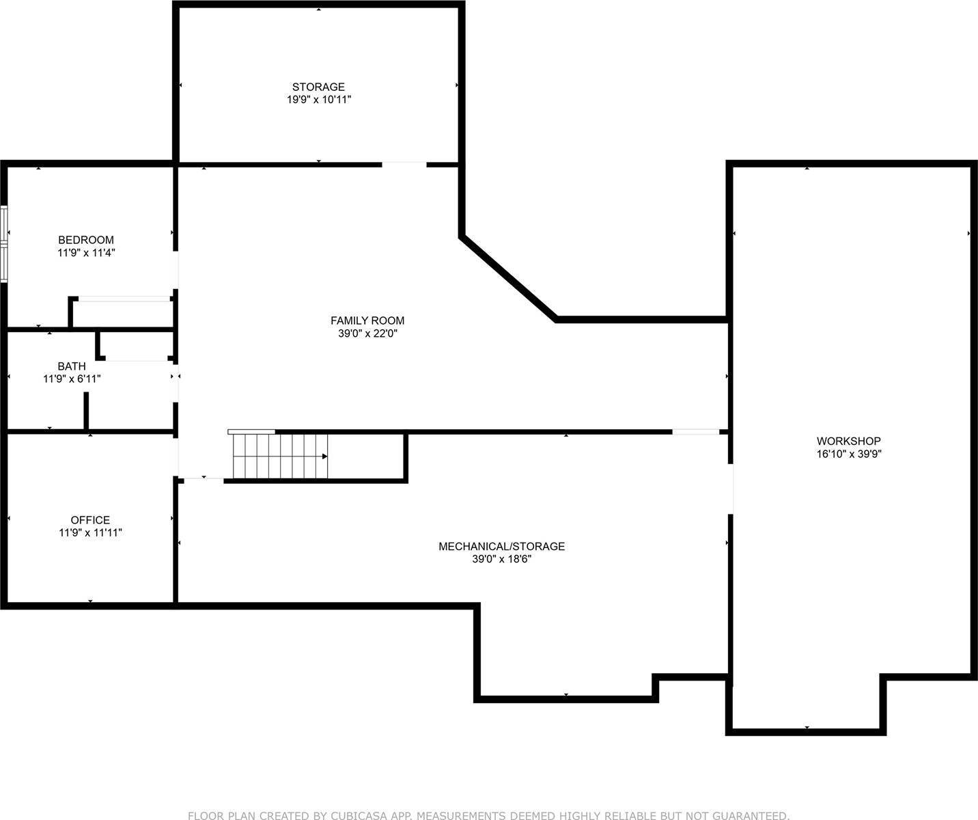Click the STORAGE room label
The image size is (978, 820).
coord(318,87)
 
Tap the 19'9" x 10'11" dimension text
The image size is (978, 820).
coord(318,100)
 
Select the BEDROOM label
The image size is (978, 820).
coord(86,240)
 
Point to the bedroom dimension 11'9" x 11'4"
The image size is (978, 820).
coord(86,253)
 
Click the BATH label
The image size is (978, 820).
coord(72,366)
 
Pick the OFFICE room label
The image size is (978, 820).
coord(90,520)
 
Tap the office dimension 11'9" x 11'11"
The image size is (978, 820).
coord(90,533)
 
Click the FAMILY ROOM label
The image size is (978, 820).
coord(367,320)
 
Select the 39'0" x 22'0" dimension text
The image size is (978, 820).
coord(367,333)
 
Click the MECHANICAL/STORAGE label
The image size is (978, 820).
coord(501,547)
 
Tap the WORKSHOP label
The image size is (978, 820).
coord(849,441)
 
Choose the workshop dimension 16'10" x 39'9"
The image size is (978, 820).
coord(849,454)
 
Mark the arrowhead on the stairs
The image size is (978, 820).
coord(325,456)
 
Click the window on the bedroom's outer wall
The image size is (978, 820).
coord(4,244)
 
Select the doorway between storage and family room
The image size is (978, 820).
coord(404,164)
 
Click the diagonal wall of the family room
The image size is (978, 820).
coord(509,277)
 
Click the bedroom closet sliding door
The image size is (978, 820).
coord(124,299)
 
